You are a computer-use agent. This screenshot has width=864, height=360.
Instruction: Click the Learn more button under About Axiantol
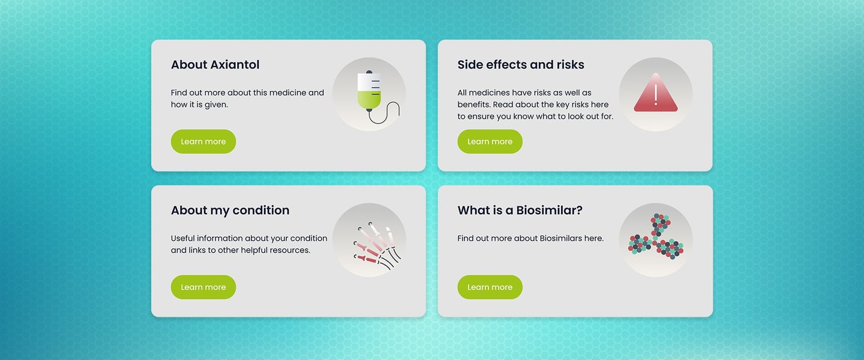click(x=203, y=142)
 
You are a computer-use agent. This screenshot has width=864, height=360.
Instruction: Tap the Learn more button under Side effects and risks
click(x=490, y=142)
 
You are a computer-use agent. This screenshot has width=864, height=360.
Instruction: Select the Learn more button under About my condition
click(x=203, y=287)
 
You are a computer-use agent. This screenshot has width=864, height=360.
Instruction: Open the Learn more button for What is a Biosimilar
click(x=490, y=287)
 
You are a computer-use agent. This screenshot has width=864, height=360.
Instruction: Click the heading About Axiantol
click(x=215, y=64)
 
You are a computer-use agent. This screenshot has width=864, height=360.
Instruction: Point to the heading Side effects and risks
click(x=521, y=64)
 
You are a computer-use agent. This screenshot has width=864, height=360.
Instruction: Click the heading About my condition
click(x=230, y=210)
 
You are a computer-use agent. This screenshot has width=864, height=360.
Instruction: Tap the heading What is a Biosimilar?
click(x=520, y=210)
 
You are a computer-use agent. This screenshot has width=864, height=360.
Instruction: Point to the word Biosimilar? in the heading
click(x=549, y=210)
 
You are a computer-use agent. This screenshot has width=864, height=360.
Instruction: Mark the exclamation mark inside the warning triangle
click(x=656, y=95)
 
